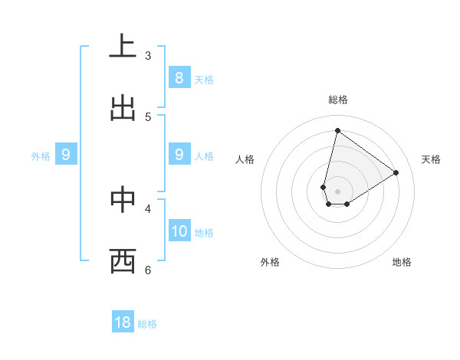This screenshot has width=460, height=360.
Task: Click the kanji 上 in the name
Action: (x=123, y=47)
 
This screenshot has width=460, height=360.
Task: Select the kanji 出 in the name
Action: (x=123, y=108)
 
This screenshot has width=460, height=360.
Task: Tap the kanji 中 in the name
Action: (x=123, y=200)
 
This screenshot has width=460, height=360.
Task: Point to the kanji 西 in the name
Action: (x=123, y=261)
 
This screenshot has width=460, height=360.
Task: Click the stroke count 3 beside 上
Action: (x=148, y=55)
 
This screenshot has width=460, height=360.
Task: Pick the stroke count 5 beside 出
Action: (x=148, y=116)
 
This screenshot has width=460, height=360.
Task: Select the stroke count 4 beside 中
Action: (x=148, y=208)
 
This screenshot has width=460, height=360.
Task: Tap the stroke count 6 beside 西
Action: (x=148, y=270)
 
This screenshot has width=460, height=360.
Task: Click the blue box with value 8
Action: (x=179, y=77)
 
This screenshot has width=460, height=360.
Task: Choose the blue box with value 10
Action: (x=179, y=231)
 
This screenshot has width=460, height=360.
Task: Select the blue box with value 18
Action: (x=123, y=322)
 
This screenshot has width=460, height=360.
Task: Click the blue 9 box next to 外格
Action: (x=66, y=155)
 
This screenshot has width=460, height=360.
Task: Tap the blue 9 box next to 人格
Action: (x=179, y=155)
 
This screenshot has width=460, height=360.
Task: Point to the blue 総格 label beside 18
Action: (x=147, y=324)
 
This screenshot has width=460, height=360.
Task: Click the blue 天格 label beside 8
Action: (x=204, y=80)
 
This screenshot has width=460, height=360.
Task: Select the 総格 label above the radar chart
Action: (x=337, y=100)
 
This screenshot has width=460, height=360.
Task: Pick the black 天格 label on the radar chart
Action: (x=431, y=159)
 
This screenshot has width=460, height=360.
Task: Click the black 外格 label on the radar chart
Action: (x=270, y=262)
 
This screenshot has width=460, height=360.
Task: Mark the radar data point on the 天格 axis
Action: (x=396, y=172)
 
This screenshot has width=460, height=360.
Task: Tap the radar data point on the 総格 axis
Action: (x=337, y=130)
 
